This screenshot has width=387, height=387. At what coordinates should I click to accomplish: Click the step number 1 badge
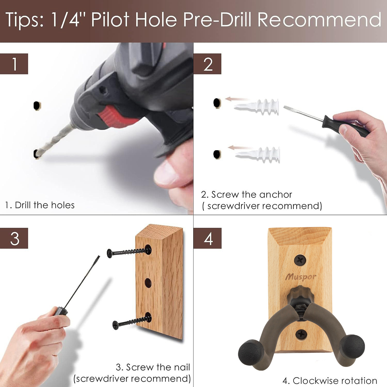[x=14, y=64]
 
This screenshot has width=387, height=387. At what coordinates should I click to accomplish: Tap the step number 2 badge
[x=207, y=64]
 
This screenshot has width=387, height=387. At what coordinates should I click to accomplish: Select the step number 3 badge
[x=14, y=238]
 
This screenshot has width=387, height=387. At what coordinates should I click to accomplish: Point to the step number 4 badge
[x=207, y=238]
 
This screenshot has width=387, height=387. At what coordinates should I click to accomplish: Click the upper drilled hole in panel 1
[x=37, y=106]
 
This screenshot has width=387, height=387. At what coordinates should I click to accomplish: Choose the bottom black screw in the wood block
[x=132, y=321]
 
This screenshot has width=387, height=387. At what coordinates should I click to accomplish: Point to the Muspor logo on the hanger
[x=301, y=277]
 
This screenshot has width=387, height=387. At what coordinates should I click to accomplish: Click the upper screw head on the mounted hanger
[x=300, y=260]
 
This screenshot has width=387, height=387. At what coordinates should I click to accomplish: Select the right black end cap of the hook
[x=352, y=347]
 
